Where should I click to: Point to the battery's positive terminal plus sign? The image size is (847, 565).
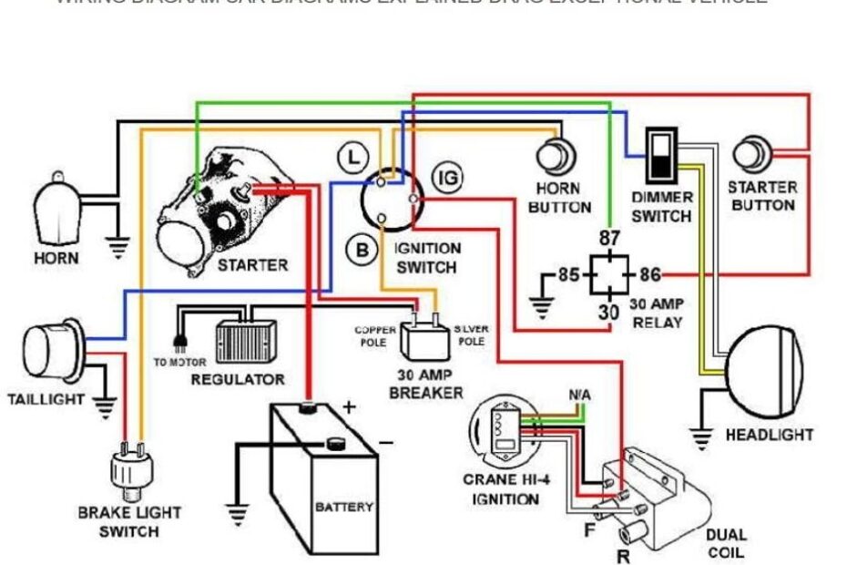[x=349, y=407]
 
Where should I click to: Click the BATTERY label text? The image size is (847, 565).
[x=343, y=507]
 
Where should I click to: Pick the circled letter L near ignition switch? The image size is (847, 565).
[x=352, y=157]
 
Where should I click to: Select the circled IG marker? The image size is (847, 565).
[x=446, y=178]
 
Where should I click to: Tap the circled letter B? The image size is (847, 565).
[x=362, y=249]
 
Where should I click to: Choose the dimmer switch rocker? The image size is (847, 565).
[x=661, y=155]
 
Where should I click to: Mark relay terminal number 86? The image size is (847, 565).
[x=649, y=273]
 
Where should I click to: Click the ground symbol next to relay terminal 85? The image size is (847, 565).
[x=542, y=308]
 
